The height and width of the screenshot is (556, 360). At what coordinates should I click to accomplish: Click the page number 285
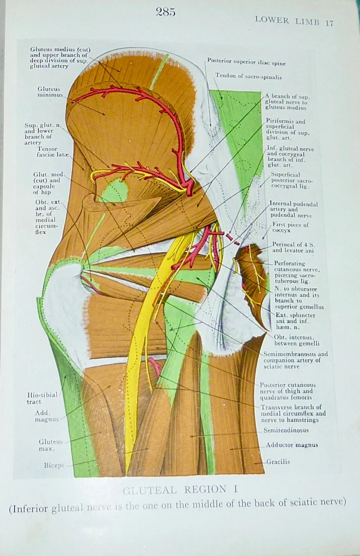[x=165, y=12]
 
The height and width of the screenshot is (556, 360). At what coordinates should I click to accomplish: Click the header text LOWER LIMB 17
[x=294, y=21]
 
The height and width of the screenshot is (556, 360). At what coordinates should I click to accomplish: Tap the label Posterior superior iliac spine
[x=246, y=62]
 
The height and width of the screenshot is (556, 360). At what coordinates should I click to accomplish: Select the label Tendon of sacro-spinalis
[x=248, y=76]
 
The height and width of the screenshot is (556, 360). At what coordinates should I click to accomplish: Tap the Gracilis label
[x=278, y=462]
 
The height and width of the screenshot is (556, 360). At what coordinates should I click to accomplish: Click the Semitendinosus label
[x=286, y=430]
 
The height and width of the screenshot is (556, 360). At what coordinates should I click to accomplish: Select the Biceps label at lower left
[x=54, y=465]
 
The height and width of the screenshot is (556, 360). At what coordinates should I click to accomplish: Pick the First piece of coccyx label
[x=290, y=227]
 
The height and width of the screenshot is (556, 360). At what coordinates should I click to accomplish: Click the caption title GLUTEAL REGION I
[x=180, y=490]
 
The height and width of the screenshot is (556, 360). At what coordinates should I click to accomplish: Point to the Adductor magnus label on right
[x=291, y=445]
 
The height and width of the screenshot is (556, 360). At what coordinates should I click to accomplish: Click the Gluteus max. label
[x=50, y=445]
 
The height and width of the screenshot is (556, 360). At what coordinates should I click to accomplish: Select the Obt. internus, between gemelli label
[x=297, y=340]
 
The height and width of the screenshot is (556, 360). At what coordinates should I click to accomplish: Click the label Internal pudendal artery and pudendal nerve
[x=294, y=209]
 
